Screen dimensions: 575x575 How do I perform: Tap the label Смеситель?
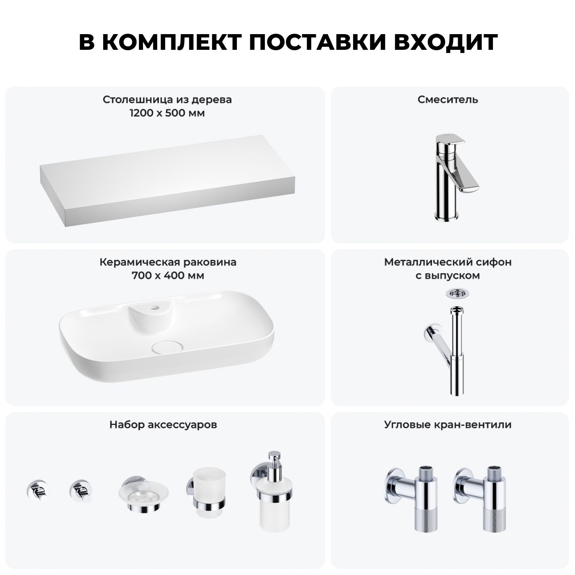(448, 100)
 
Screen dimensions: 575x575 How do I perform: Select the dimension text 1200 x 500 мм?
(167, 113)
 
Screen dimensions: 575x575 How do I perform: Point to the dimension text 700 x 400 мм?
(168, 276)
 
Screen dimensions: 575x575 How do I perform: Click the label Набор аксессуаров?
(163, 425)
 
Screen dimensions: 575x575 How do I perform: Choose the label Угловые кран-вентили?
(448, 425)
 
